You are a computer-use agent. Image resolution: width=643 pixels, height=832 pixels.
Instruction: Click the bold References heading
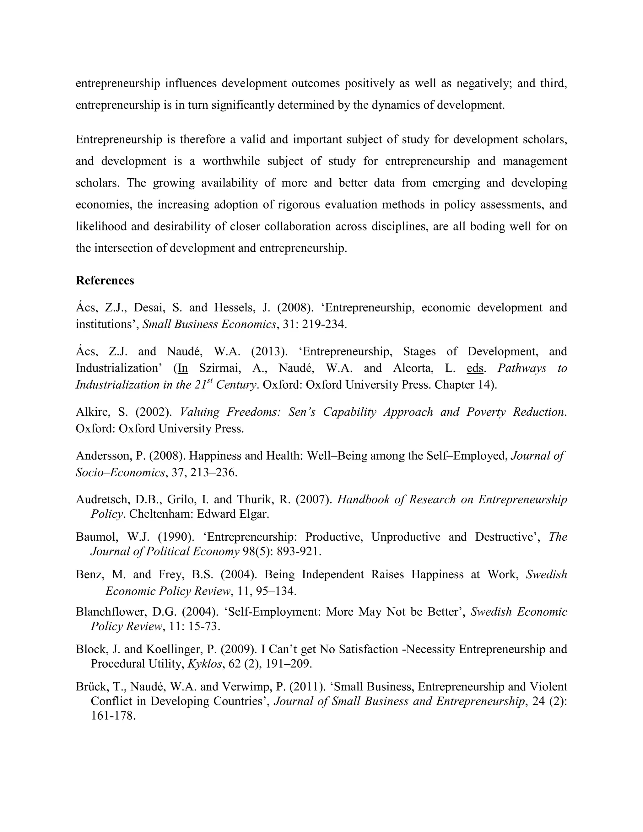click(x=105, y=281)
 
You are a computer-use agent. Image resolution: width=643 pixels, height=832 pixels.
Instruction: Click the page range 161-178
click(x=113, y=716)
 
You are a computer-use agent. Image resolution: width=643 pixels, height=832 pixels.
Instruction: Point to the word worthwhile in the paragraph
click(x=231, y=161)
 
